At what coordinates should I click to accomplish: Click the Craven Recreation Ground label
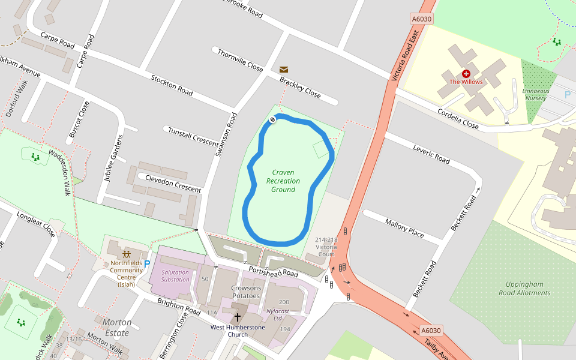[283, 181]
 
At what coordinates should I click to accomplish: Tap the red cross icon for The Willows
[466, 73]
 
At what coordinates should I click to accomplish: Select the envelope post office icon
[284, 70]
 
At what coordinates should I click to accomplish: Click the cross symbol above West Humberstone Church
[237, 317]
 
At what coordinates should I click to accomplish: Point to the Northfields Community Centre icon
[127, 254]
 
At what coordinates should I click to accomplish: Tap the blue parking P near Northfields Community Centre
[147, 264]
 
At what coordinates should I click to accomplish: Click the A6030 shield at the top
[422, 19]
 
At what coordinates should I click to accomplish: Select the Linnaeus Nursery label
[535, 94]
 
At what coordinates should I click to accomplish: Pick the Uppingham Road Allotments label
[524, 289]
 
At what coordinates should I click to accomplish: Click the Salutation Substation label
[175, 276]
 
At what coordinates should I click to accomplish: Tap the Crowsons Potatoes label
[247, 292]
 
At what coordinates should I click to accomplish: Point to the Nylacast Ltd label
[278, 315]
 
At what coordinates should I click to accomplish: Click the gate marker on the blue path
[272, 120]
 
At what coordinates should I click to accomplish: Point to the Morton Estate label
[116, 328]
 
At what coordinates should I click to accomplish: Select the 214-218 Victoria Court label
[326, 246]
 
